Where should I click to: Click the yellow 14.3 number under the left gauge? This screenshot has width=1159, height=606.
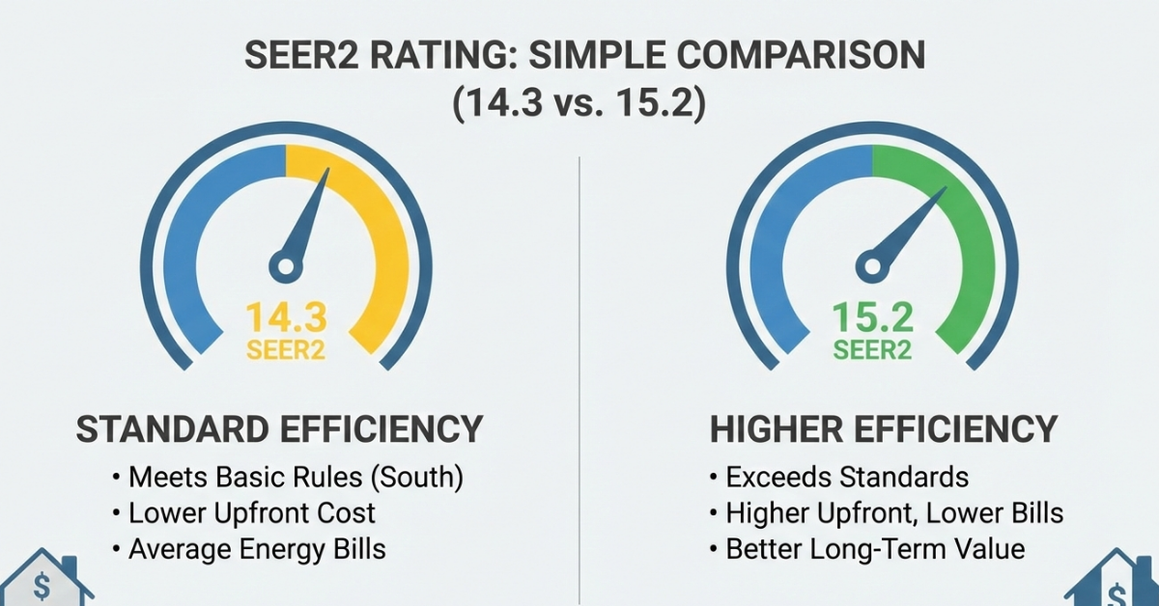pyautogui.click(x=286, y=317)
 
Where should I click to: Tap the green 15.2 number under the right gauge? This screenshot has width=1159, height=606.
pyautogui.click(x=872, y=317)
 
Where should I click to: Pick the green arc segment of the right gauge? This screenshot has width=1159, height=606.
pyautogui.click(x=966, y=241)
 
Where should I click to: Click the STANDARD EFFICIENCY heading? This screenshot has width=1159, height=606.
pyautogui.click(x=279, y=429)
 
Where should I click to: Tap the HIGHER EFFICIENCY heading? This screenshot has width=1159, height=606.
pyautogui.click(x=884, y=429)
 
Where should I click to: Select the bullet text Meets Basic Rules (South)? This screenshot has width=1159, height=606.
pyautogui.click(x=287, y=477)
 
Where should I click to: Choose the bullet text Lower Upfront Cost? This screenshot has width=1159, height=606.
pyautogui.click(x=250, y=512)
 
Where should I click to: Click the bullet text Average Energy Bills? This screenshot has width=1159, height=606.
pyautogui.click(x=256, y=549)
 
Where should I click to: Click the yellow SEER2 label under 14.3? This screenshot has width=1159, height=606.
pyautogui.click(x=286, y=349)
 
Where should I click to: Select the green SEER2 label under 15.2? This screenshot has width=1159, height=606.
pyautogui.click(x=872, y=349)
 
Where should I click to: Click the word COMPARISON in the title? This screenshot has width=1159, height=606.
pyautogui.click(x=772, y=55)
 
